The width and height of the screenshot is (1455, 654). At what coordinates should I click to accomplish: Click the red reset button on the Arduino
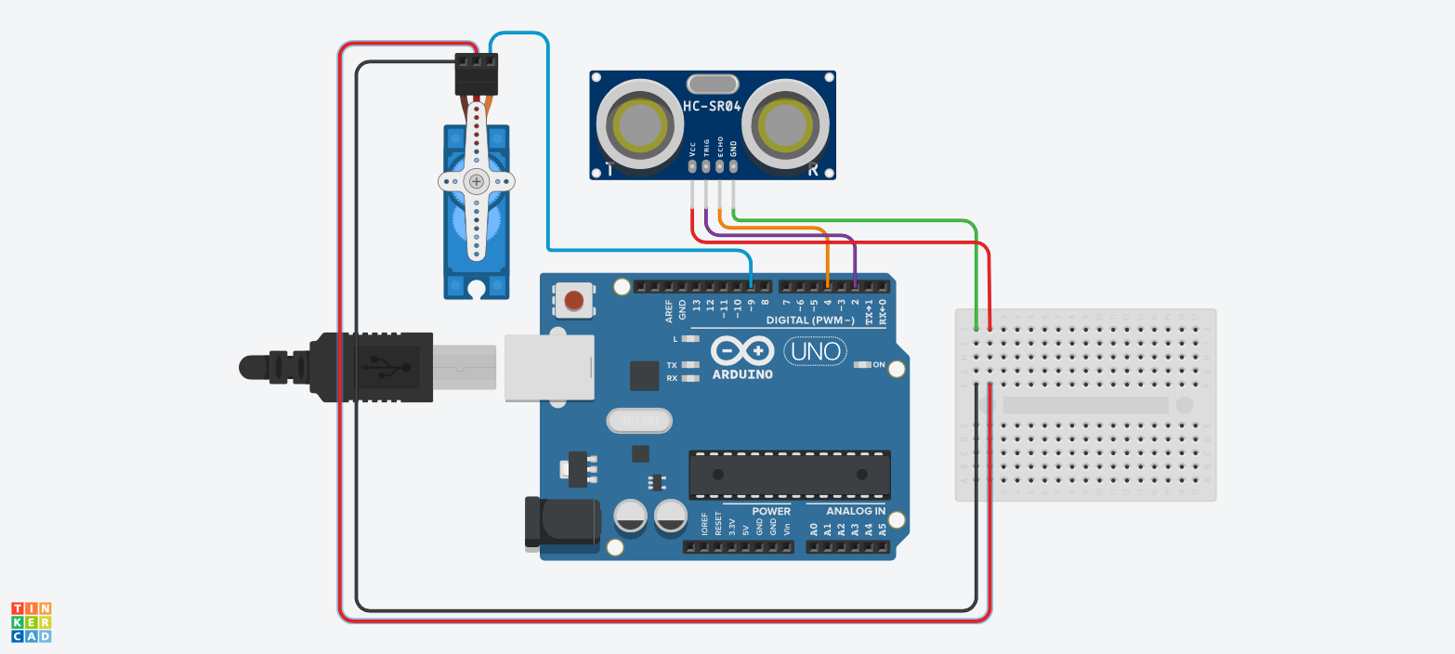coord(574,300)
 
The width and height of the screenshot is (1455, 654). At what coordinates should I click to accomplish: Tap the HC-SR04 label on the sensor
coord(712,106)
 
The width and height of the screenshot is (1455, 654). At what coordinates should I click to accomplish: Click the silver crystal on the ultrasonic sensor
coord(712,83)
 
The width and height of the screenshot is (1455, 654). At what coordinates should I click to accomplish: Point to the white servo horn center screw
coord(477,181)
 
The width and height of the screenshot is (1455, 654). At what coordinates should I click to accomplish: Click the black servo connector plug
coord(476,75)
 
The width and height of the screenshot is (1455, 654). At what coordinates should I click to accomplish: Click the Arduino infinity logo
coord(742,351)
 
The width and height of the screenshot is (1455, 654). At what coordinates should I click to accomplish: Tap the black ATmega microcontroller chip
coord(789,474)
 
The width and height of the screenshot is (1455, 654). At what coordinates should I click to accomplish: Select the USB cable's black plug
coord(372,367)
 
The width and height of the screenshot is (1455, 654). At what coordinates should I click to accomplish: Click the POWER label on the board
coord(771,511)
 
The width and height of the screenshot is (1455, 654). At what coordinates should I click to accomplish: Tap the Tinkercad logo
coord(32,621)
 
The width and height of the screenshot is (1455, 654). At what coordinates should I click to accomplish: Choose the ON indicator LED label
coord(879,364)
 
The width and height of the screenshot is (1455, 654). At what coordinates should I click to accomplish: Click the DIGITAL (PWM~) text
coord(809,320)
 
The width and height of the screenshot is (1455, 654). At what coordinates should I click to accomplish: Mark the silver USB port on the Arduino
coord(548,368)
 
